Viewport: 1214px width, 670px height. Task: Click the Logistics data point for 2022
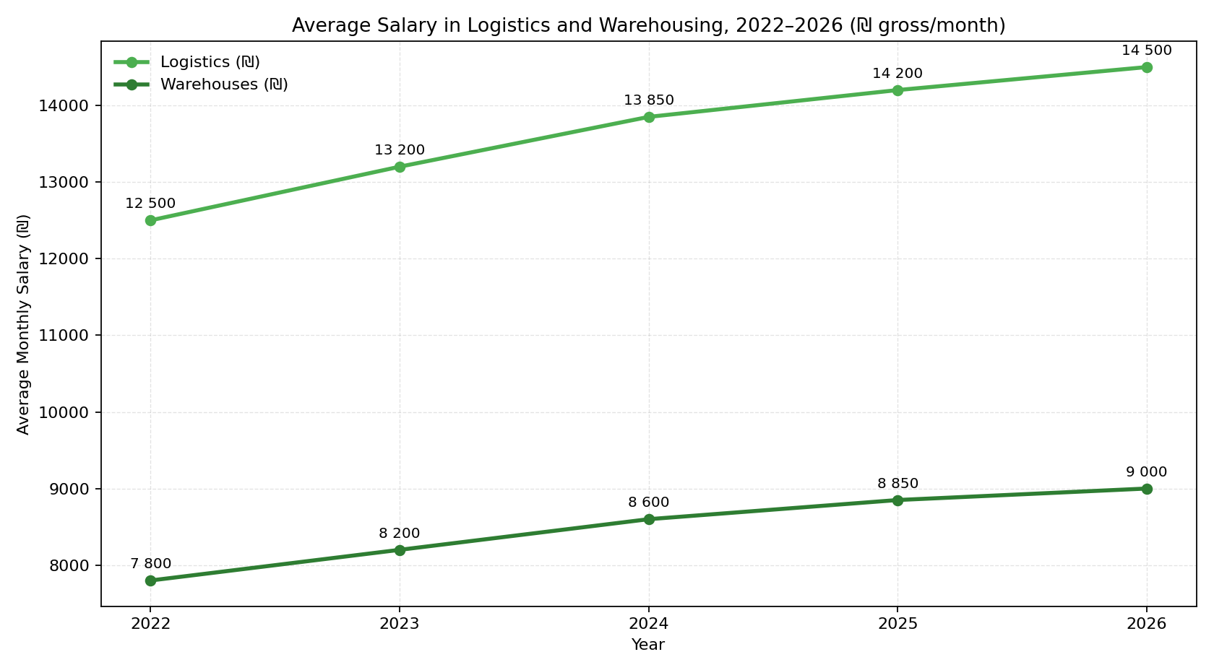click(x=150, y=220)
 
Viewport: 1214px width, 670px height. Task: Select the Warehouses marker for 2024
click(x=649, y=519)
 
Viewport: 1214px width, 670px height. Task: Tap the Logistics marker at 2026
click(x=1147, y=67)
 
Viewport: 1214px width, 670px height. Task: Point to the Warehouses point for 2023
click(x=400, y=550)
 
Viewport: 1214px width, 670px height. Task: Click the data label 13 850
click(x=649, y=100)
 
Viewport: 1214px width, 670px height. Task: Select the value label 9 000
click(x=1146, y=472)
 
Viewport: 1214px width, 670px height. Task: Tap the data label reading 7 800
click(x=150, y=564)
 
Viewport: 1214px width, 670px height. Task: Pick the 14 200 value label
click(x=897, y=74)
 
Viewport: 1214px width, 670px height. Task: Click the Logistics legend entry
click(x=209, y=62)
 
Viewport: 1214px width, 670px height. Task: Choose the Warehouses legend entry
click(x=223, y=84)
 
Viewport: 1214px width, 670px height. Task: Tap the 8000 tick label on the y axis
click(x=69, y=565)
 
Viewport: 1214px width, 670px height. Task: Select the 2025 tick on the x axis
click(x=897, y=624)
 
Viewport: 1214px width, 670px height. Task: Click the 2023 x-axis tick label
click(x=400, y=624)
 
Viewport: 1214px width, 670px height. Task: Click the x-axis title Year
click(x=648, y=645)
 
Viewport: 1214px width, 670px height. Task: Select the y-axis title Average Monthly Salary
click(x=23, y=324)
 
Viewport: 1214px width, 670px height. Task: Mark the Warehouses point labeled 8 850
click(x=897, y=500)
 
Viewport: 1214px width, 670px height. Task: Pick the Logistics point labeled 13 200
click(x=400, y=167)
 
